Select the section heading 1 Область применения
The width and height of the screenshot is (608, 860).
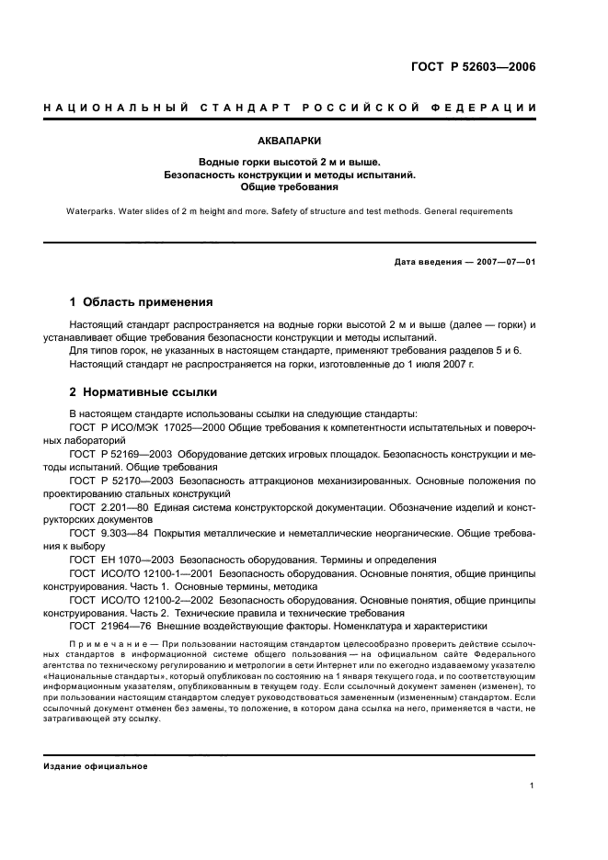click(142, 301)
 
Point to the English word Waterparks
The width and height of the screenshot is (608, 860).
click(94, 210)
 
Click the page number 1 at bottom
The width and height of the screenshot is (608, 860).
click(533, 786)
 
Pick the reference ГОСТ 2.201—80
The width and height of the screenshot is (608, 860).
click(113, 507)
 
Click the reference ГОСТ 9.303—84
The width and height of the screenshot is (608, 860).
click(113, 534)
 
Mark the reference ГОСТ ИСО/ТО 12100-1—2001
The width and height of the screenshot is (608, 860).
click(141, 573)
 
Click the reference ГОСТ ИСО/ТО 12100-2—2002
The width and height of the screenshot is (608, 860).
click(141, 600)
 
